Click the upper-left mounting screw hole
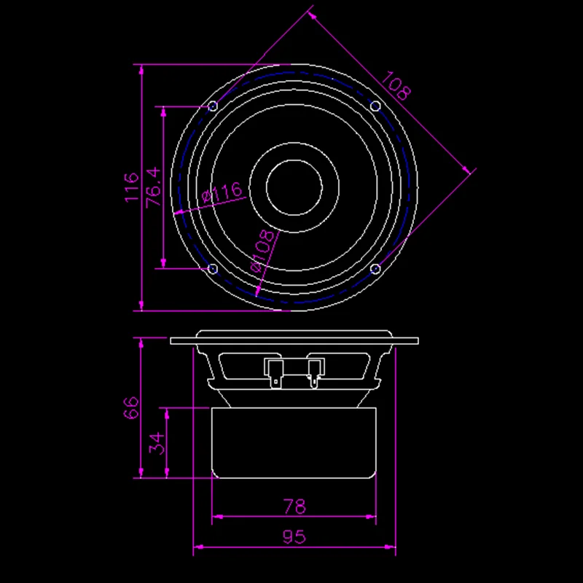coord(213,107)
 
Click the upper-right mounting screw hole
coord(375,107)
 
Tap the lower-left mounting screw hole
coord(213,269)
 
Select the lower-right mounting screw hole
coord(375,269)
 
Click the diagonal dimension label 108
coord(397,86)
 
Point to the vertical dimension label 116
coord(131,187)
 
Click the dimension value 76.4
coord(153,188)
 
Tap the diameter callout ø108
coord(263,251)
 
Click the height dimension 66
coord(131,407)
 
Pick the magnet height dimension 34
coord(156,443)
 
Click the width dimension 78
coord(293,506)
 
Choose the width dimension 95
coord(293,537)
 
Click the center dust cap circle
coord(294,187)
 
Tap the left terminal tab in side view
coord(274,371)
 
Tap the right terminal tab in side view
coord(314,371)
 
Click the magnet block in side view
coord(294,443)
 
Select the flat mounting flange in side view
coord(294,340)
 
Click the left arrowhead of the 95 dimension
coord(197,546)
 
